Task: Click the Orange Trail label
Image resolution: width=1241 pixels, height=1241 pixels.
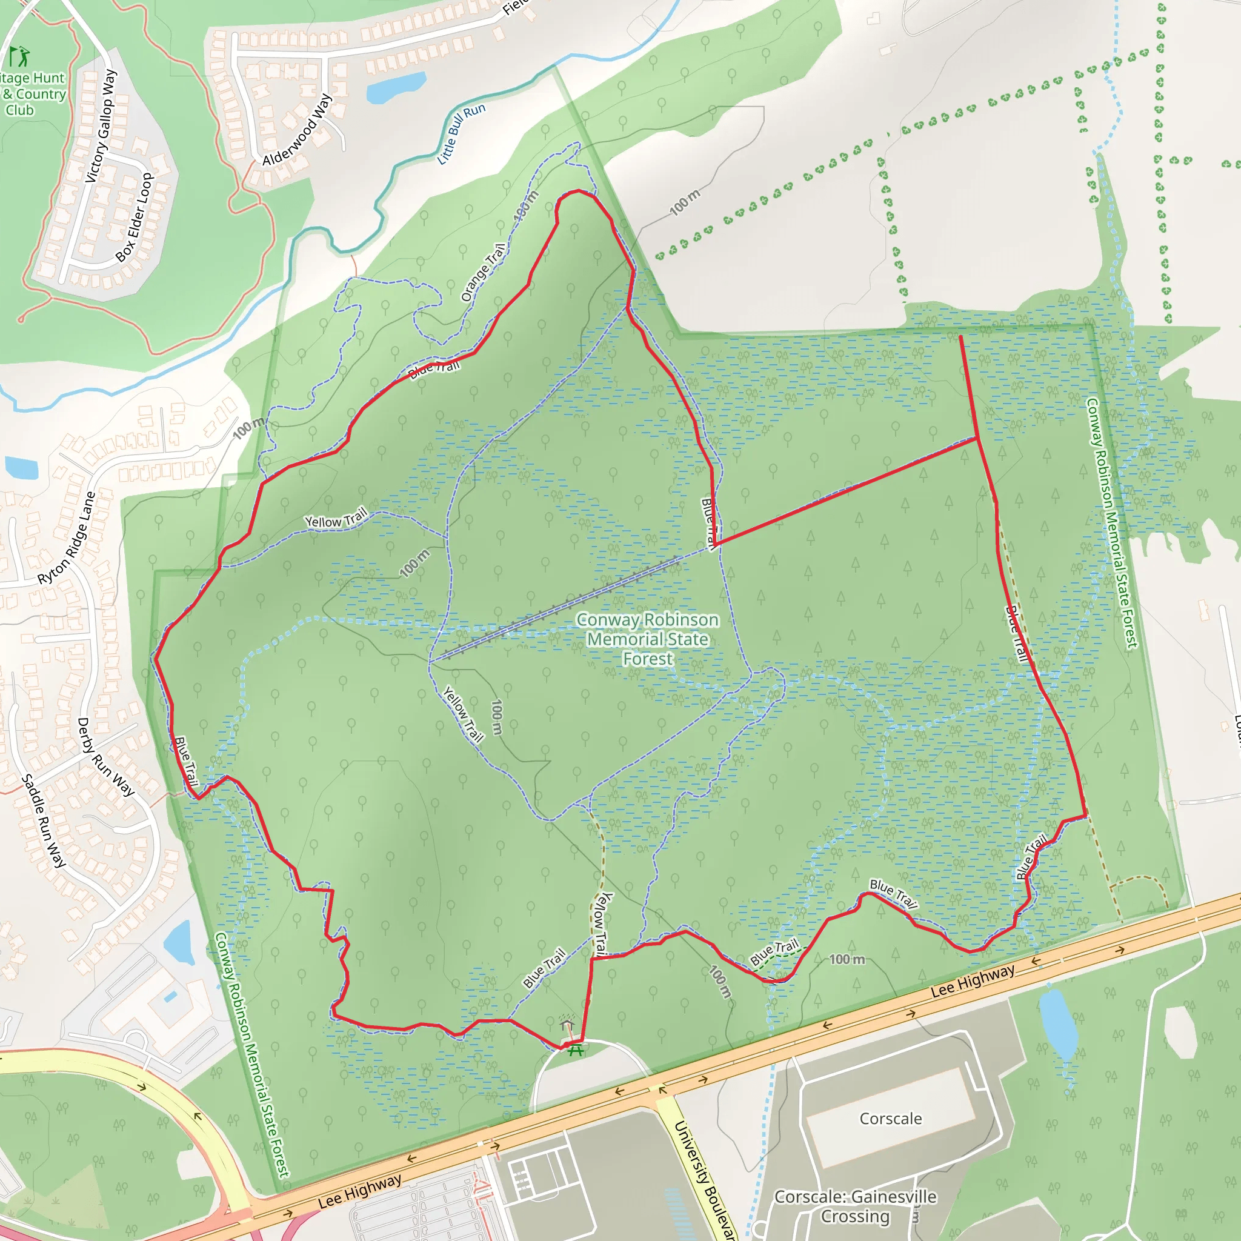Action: click(483, 272)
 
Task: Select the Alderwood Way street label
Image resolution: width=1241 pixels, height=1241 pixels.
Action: click(297, 129)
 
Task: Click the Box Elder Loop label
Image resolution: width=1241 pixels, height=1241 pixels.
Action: click(135, 218)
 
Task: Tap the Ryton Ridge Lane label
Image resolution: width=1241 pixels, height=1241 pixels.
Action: click(66, 538)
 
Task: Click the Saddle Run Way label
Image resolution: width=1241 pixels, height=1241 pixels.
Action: click(44, 821)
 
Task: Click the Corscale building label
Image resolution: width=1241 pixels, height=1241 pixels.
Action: click(890, 1119)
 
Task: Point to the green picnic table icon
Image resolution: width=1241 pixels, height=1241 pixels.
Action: click(575, 1050)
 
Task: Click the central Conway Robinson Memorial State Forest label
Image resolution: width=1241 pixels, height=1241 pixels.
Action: click(648, 639)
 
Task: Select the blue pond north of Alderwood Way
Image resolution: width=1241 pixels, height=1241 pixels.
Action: click(396, 87)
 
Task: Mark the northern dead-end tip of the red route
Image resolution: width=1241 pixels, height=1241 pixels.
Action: click(961, 336)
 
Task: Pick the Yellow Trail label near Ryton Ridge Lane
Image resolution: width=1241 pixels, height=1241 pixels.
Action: click(336, 517)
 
